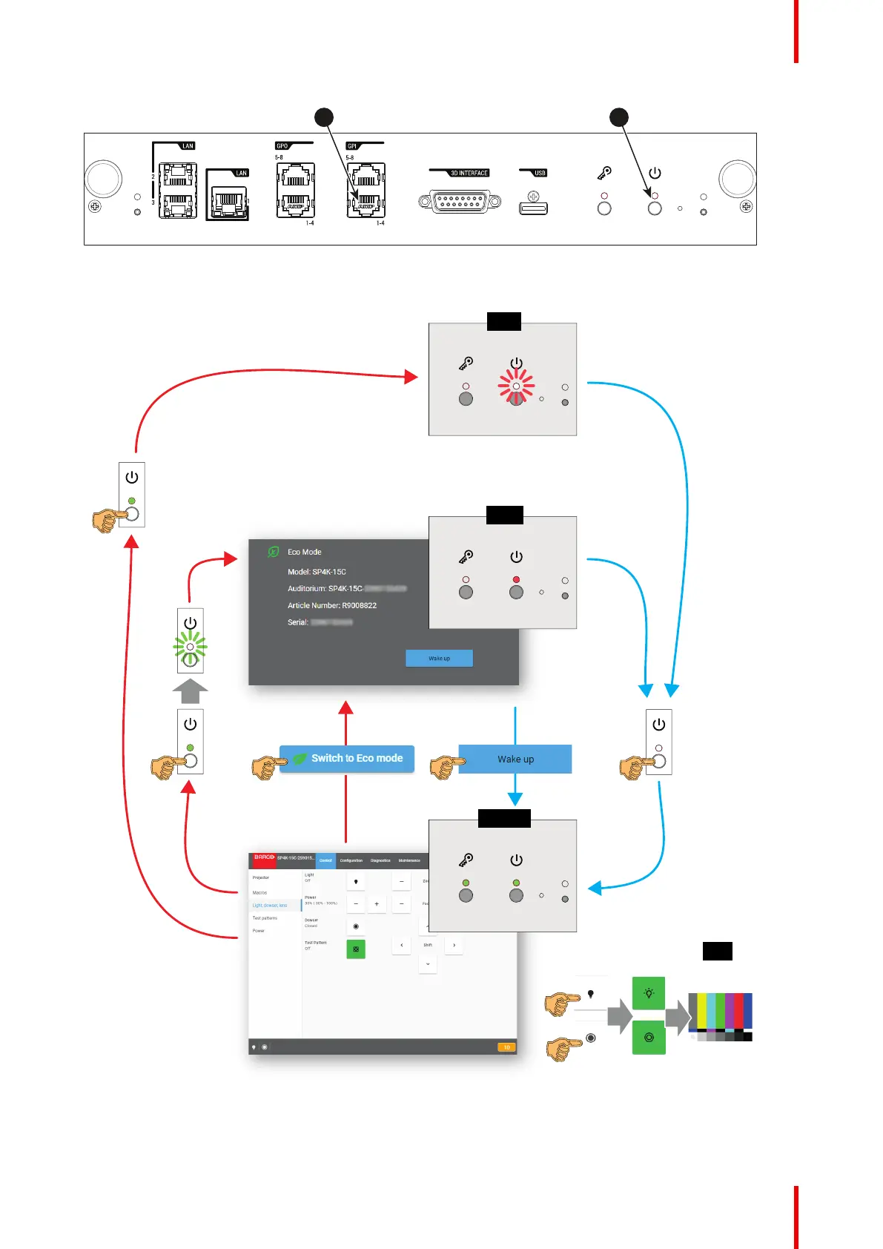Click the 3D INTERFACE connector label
click(x=469, y=173)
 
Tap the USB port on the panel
click(x=533, y=208)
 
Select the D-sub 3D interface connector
click(x=460, y=201)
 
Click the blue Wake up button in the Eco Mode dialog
click(x=439, y=658)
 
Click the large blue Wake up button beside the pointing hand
click(x=515, y=759)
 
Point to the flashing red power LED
click(x=516, y=386)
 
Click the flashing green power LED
click(x=191, y=647)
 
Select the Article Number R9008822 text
click(x=332, y=605)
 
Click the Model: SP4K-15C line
click(x=317, y=572)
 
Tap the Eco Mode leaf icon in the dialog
click(x=274, y=552)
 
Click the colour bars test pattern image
click(x=720, y=1017)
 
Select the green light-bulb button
click(x=649, y=993)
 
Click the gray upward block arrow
click(x=191, y=691)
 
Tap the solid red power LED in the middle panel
click(x=516, y=579)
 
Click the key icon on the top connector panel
click(x=605, y=174)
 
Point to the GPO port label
click(x=282, y=146)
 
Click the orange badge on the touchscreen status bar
click(x=507, y=1047)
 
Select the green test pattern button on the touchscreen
click(x=356, y=949)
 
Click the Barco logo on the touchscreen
click(x=264, y=857)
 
